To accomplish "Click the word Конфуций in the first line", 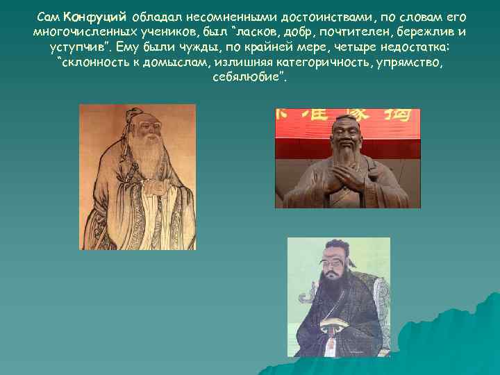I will (x=95, y=17).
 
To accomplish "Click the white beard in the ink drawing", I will (x=146, y=157).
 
